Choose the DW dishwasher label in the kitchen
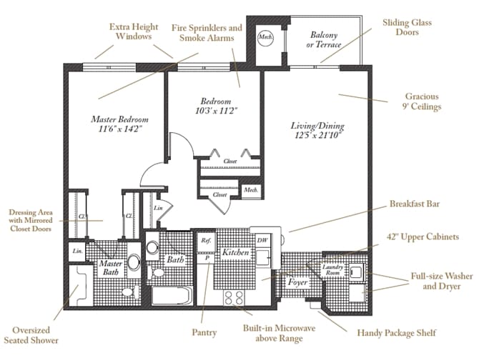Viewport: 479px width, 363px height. click(x=262, y=241)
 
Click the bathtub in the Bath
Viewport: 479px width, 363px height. click(x=171, y=294)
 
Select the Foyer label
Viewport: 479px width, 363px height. click(x=297, y=282)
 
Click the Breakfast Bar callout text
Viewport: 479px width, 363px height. click(x=415, y=204)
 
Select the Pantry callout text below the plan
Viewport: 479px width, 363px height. click(x=204, y=332)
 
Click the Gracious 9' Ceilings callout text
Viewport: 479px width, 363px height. click(x=422, y=101)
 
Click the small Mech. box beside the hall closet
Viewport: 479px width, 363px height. click(x=250, y=189)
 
